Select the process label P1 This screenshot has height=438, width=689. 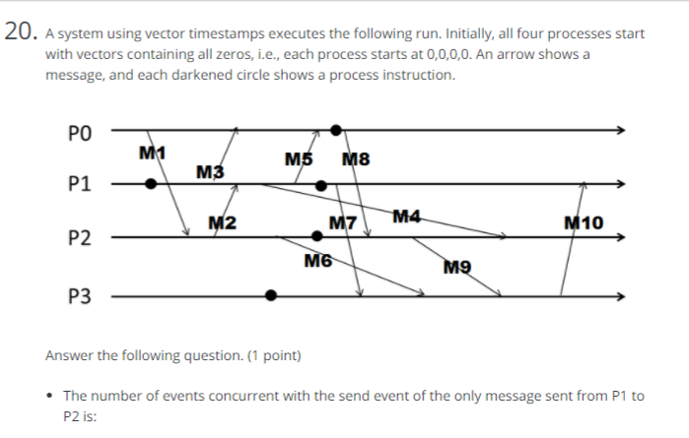(x=81, y=183)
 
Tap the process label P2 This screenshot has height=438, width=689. (x=81, y=238)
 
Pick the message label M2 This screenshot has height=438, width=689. (x=223, y=222)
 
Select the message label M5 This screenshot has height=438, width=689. (x=299, y=159)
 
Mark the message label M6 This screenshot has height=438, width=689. (x=318, y=261)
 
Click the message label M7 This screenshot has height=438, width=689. (x=342, y=223)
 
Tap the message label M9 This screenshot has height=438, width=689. (x=457, y=267)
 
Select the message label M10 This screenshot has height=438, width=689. (x=585, y=222)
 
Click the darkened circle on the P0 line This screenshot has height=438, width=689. (x=336, y=129)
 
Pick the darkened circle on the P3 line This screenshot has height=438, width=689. (x=271, y=294)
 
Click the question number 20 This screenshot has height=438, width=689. (x=20, y=33)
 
